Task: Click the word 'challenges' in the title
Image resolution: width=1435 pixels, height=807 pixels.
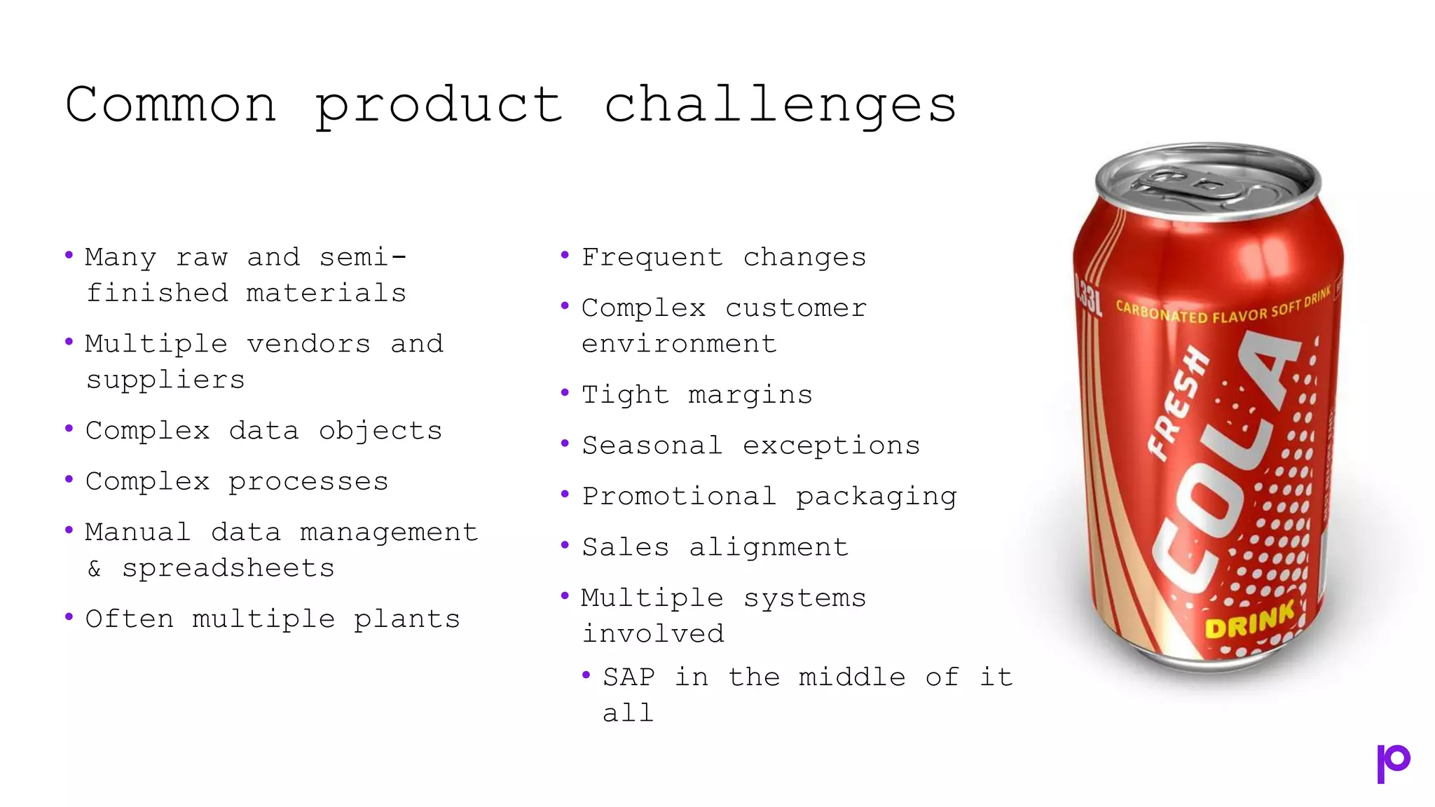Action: [x=780, y=105]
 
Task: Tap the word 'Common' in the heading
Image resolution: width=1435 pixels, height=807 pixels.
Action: [x=171, y=105]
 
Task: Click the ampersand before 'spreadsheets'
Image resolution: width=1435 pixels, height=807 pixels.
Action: [x=95, y=568]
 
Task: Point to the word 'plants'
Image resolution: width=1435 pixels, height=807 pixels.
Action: [x=406, y=619]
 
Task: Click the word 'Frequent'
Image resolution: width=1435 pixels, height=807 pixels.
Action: [x=652, y=258]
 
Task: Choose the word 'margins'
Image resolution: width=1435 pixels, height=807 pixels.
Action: [x=750, y=395]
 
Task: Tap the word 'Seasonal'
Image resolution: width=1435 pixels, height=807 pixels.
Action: [x=652, y=446]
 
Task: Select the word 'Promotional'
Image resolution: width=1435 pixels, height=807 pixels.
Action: [x=679, y=496]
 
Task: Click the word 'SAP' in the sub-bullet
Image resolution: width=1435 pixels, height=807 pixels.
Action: [x=629, y=677]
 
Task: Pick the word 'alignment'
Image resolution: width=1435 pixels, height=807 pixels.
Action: [x=769, y=547]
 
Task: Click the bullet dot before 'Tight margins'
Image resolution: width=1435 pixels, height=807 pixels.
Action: [x=565, y=393]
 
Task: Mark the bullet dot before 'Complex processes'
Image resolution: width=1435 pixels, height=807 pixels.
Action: [x=69, y=480]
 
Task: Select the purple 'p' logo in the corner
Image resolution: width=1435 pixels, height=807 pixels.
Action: [x=1393, y=763]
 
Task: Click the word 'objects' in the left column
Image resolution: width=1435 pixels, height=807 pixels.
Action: [x=380, y=431]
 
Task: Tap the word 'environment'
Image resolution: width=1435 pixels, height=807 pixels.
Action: [x=679, y=344]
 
